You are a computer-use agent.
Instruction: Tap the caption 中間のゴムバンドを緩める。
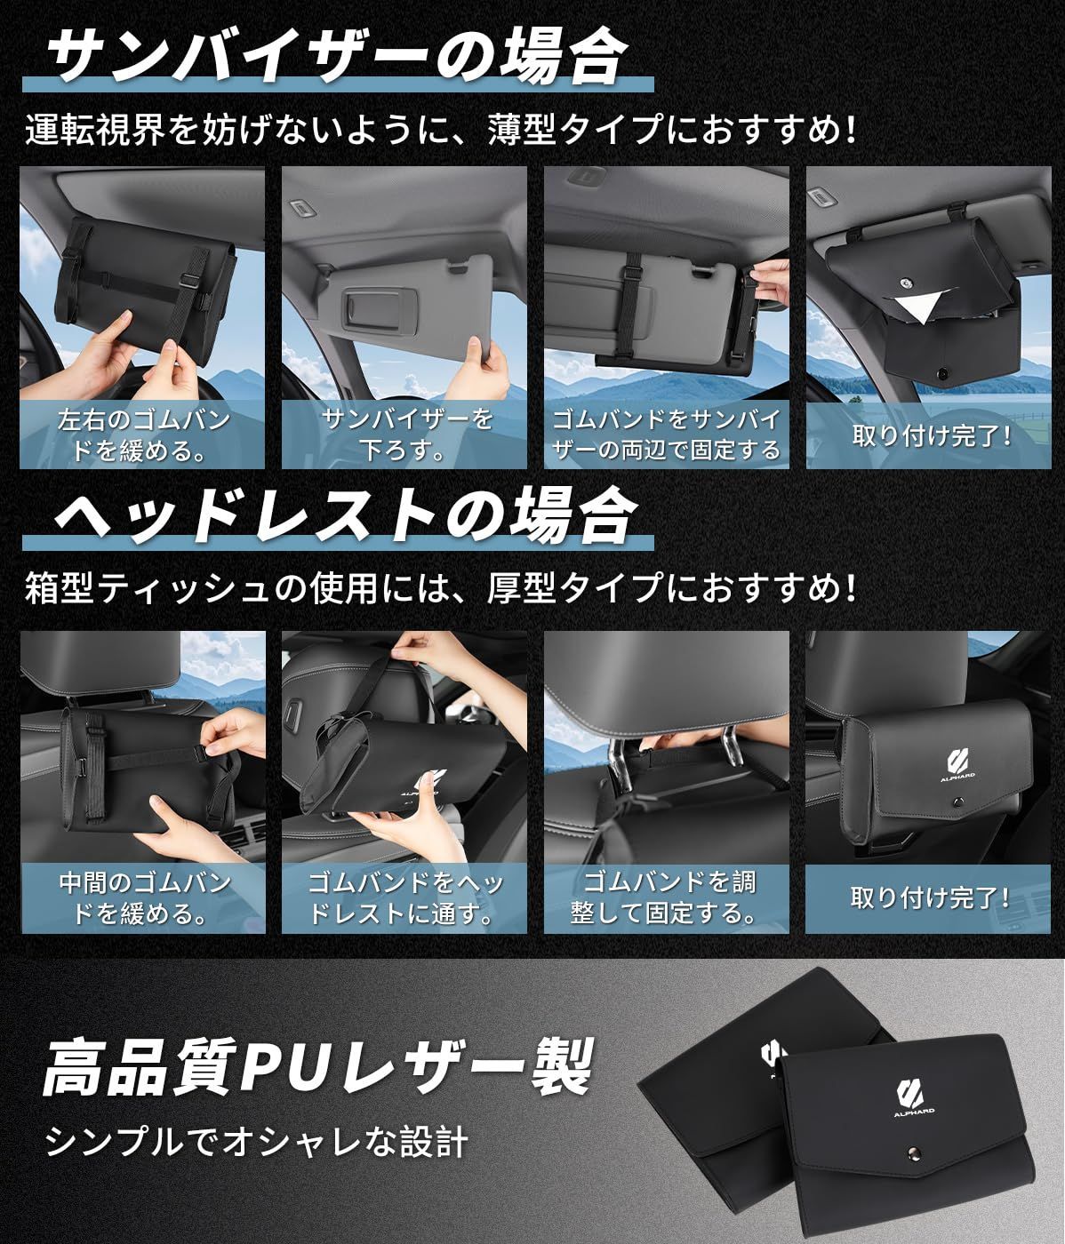click(142, 897)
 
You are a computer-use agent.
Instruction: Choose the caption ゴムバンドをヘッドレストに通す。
click(405, 897)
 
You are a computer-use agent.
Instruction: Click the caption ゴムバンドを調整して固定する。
click(666, 897)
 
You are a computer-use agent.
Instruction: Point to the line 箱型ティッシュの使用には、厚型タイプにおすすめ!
click(441, 588)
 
